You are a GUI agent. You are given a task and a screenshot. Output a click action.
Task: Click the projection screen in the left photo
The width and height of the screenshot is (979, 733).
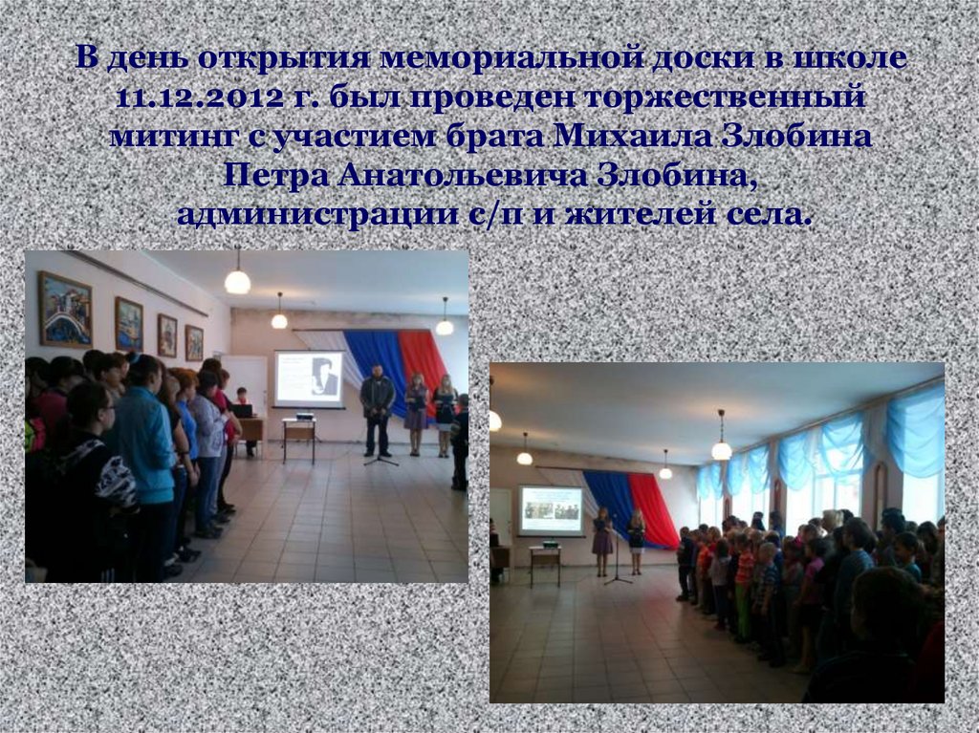click(x=309, y=379)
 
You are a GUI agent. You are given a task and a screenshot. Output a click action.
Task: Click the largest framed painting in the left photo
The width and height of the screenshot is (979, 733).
click(x=64, y=309)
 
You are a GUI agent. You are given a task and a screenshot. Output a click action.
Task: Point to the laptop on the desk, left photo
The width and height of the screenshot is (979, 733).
click(x=244, y=411)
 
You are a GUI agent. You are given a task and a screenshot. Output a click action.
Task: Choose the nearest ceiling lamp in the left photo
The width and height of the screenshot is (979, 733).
click(x=237, y=280)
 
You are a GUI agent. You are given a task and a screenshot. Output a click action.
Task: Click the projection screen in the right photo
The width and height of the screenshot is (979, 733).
click(x=551, y=509)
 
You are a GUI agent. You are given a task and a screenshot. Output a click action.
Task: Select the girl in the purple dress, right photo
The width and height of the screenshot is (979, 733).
click(x=602, y=540)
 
